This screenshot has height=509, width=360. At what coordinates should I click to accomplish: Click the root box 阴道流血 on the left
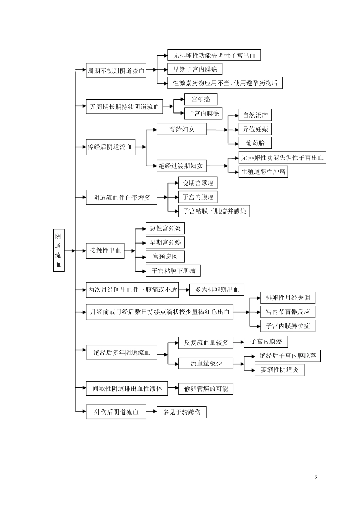(58, 250)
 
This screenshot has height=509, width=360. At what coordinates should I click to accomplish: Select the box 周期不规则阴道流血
(116, 70)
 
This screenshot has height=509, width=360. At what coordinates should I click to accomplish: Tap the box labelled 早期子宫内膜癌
(195, 69)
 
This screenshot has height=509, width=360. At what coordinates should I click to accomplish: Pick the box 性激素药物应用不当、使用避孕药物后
(225, 83)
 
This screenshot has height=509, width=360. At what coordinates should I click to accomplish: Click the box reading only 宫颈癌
(200, 99)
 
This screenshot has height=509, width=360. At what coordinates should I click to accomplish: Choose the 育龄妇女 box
(182, 129)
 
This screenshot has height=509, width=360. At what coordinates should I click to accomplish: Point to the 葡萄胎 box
(255, 143)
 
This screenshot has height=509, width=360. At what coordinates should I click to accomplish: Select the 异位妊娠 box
(255, 129)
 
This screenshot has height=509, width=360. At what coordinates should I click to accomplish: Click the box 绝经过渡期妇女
(180, 166)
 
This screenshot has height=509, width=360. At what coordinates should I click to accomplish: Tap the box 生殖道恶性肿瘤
(263, 172)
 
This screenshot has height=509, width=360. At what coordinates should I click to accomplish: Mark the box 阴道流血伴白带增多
(121, 197)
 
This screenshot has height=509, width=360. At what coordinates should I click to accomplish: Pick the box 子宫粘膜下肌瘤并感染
(214, 211)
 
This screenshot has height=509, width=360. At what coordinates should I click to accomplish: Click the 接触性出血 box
(105, 250)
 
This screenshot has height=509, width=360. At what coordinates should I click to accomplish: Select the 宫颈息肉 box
(165, 256)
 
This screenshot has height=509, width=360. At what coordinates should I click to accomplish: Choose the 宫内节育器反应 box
(288, 312)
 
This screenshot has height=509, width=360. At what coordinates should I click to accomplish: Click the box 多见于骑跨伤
(182, 412)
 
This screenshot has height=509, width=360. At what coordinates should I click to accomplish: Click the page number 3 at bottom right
(316, 476)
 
